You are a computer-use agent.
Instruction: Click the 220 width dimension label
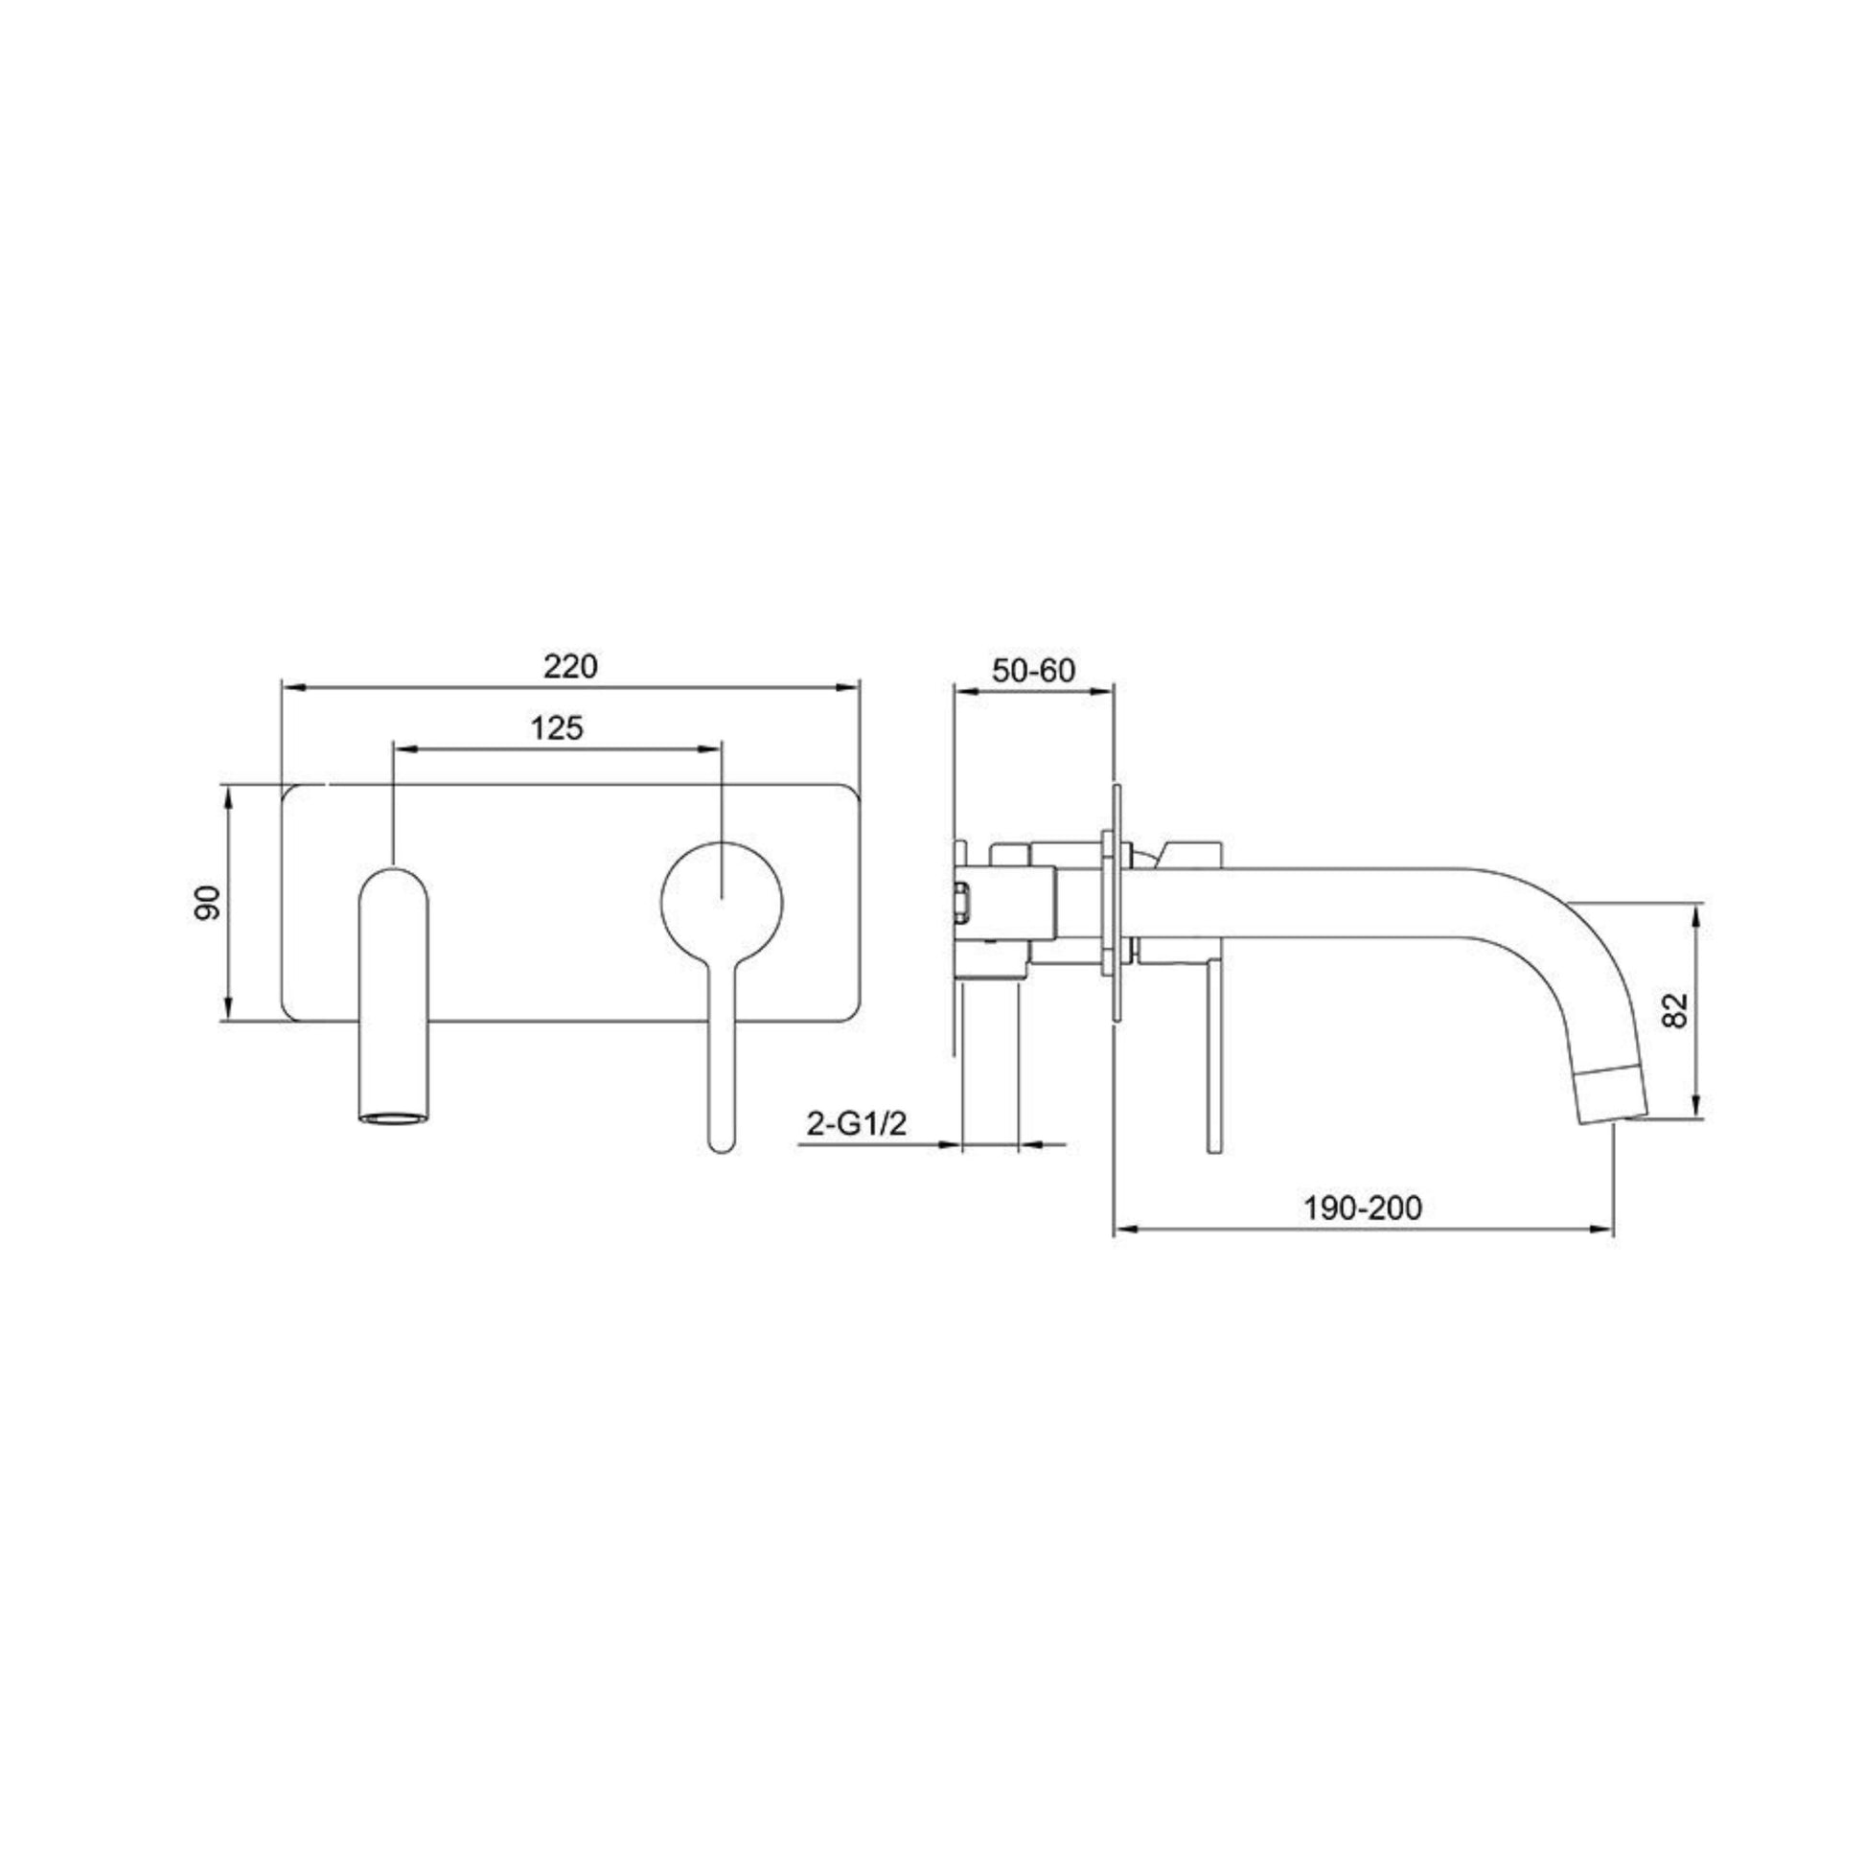(569, 667)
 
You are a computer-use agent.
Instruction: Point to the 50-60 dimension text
(1034, 670)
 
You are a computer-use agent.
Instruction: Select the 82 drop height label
(1677, 1011)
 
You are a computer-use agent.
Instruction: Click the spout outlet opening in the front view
(394, 1118)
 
